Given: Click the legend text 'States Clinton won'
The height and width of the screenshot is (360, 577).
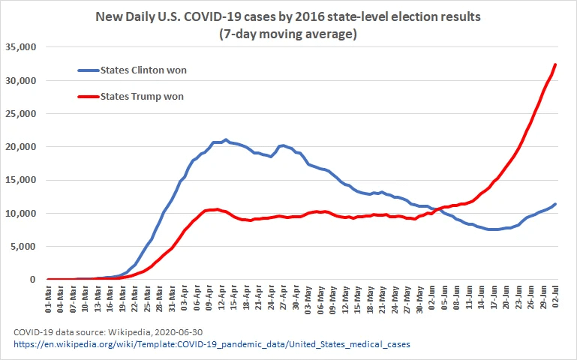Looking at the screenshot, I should [x=143, y=70].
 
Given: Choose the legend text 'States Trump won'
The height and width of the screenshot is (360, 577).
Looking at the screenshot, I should [x=142, y=96].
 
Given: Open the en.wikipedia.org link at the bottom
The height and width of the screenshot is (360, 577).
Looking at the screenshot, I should [x=212, y=344].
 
